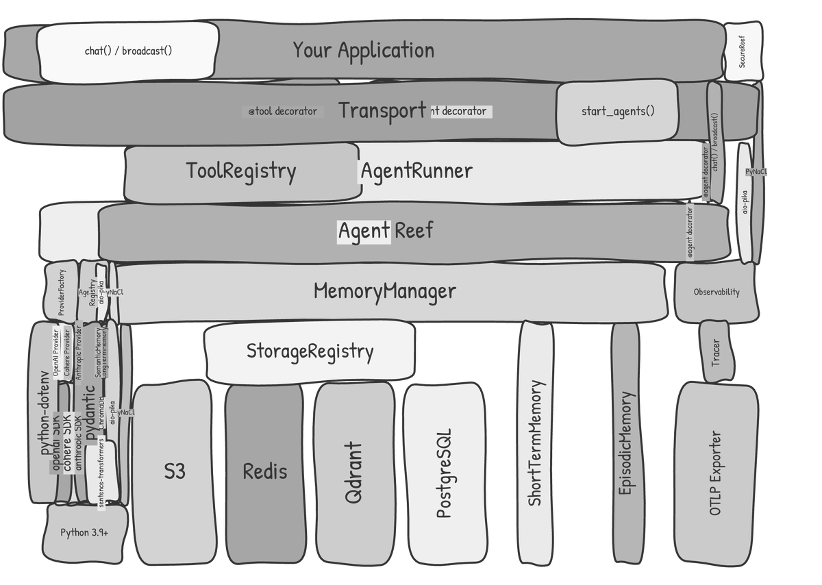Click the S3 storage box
pyautogui.click(x=173, y=472)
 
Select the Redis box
pyautogui.click(x=264, y=472)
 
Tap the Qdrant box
pyautogui.click(x=354, y=473)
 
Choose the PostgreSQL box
pyautogui.click(x=445, y=473)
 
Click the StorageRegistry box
pyautogui.click(x=310, y=351)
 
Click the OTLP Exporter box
pyautogui.click(x=716, y=473)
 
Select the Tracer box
pyautogui.click(x=716, y=351)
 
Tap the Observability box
pyautogui.click(x=716, y=292)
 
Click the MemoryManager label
pyautogui.click(x=384, y=291)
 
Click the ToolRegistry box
pyautogui.click(x=241, y=171)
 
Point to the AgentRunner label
pyautogui.click(x=416, y=171)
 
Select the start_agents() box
pyautogui.click(x=617, y=111)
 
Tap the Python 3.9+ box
pyautogui.click(x=84, y=532)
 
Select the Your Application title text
pyautogui.click(x=364, y=50)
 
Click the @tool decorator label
pyautogui.click(x=282, y=111)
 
